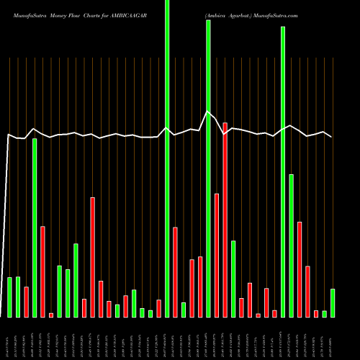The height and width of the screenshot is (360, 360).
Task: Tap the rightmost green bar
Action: pos(333,302)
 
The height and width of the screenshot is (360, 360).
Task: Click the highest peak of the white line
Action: pos(208,112)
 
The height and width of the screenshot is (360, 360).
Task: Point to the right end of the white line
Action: pos(332,137)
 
